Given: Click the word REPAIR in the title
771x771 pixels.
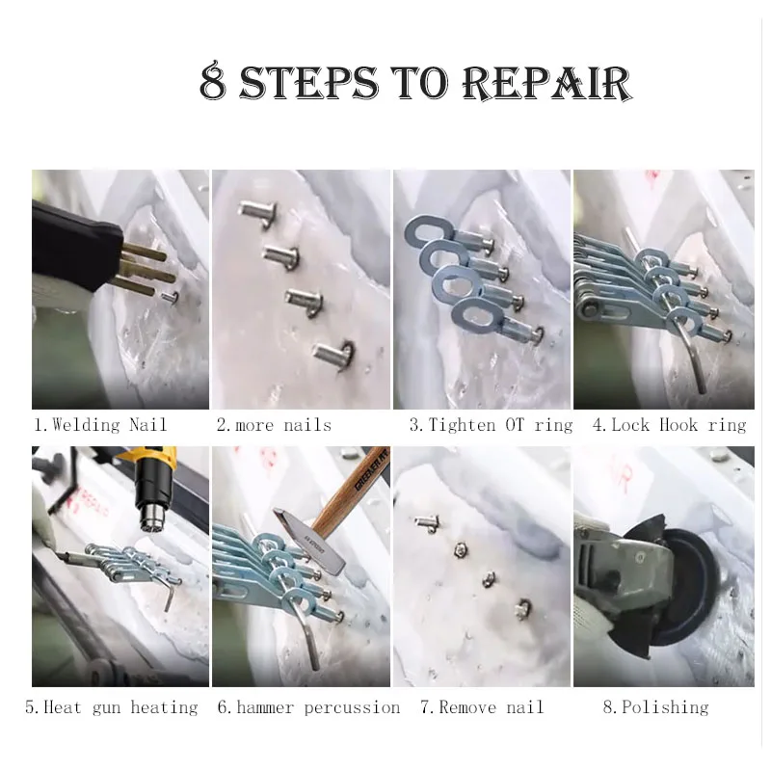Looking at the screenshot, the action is pyautogui.click(x=546, y=83).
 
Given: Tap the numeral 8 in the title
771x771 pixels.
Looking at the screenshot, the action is pyautogui.click(x=214, y=81).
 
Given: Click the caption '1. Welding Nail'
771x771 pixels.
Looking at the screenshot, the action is pyautogui.click(x=101, y=424).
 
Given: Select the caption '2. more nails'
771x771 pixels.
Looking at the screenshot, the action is pyautogui.click(x=274, y=425).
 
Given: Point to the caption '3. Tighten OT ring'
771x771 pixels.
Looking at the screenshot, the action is pyautogui.click(x=492, y=425).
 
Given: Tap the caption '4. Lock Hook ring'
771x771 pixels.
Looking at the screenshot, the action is pyautogui.click(x=669, y=425).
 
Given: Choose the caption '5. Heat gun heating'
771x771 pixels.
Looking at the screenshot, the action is pyautogui.click(x=112, y=707).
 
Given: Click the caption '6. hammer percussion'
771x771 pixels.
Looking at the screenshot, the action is pyautogui.click(x=308, y=707).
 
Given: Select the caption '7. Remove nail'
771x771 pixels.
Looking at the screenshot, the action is pyautogui.click(x=482, y=707).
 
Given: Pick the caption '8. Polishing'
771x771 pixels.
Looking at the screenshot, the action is pyautogui.click(x=656, y=707).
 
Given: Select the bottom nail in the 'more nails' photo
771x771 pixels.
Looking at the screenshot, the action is pyautogui.click(x=333, y=352).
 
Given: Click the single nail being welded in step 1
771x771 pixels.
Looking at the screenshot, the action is pyautogui.click(x=171, y=298).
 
